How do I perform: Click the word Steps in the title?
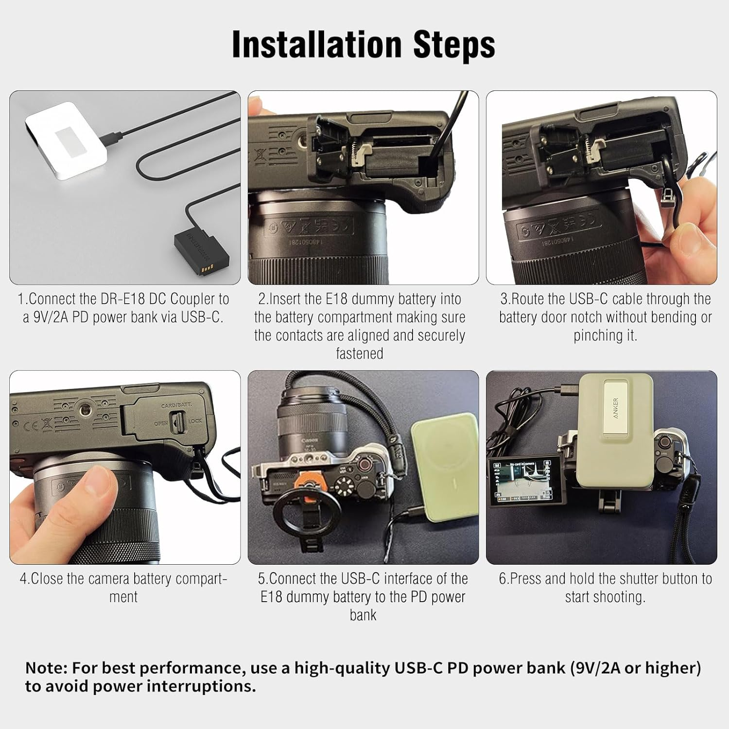tap(454, 45)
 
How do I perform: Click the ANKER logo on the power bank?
tap(615, 409)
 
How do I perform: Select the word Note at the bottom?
tap(46, 668)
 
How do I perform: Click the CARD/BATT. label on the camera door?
tap(176, 404)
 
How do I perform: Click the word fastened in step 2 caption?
tap(360, 353)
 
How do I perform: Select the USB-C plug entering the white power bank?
tap(116, 137)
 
